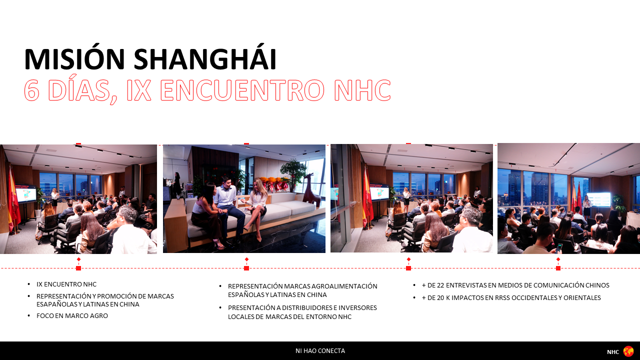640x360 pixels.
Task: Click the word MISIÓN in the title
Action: [x=74, y=59]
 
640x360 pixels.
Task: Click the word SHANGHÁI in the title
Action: [x=205, y=59]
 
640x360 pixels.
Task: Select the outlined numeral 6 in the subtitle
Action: [x=31, y=90]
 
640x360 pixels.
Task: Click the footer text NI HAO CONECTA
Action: [x=320, y=351]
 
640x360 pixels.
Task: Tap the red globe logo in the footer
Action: [x=628, y=351]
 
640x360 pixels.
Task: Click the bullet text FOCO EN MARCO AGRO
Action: [x=72, y=315]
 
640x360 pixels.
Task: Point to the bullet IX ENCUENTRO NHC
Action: [x=66, y=284]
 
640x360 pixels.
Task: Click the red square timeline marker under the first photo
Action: [x=78, y=268]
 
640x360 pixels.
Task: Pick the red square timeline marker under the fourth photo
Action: [x=558, y=268]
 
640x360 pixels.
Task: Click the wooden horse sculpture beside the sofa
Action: [x=312, y=190]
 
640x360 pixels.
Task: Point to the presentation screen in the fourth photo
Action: [x=599, y=199]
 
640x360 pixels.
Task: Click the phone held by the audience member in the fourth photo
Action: [x=559, y=247]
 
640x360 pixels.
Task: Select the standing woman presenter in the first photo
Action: [x=54, y=197]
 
